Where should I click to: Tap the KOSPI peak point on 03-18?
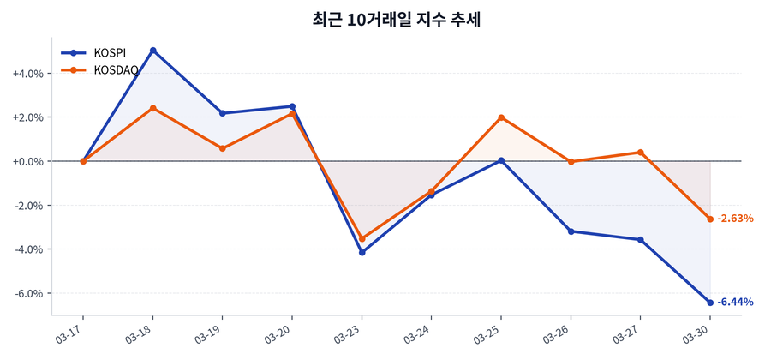pyautogui.click(x=152, y=51)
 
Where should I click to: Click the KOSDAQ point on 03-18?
pyautogui.click(x=152, y=108)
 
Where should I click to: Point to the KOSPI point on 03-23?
pyautogui.click(x=362, y=253)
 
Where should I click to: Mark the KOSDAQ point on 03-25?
pyautogui.click(x=501, y=117)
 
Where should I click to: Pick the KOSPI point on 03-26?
pyautogui.click(x=571, y=231)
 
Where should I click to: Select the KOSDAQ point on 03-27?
pyautogui.click(x=640, y=153)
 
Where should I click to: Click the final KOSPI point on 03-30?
pyautogui.click(x=710, y=303)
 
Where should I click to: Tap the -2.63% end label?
pyautogui.click(x=735, y=219)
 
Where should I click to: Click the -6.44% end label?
pyautogui.click(x=735, y=303)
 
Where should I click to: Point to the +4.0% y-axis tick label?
pyautogui.click(x=27, y=74)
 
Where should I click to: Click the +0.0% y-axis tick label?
pyautogui.click(x=27, y=162)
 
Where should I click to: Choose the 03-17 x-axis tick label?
pyautogui.click(x=69, y=333)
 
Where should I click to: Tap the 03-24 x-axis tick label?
pyautogui.click(x=417, y=333)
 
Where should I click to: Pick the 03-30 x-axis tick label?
pyautogui.click(x=696, y=333)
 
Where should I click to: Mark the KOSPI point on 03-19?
pyautogui.click(x=222, y=113)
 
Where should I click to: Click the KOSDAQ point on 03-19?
pyautogui.click(x=222, y=148)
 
